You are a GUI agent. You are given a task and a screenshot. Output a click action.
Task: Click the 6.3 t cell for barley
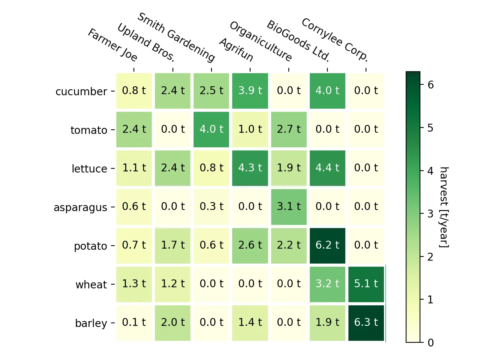(x=366, y=322)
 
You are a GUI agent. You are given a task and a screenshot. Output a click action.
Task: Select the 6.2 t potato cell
(x=327, y=245)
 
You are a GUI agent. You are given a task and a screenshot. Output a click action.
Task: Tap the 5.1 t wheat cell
(x=366, y=284)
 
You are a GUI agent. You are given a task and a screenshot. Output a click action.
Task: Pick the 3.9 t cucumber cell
(x=250, y=91)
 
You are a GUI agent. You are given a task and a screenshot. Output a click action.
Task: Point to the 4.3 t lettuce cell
(x=250, y=168)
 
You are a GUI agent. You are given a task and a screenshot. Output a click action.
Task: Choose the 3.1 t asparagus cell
(x=289, y=207)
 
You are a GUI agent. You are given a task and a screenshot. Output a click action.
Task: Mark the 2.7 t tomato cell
(x=289, y=129)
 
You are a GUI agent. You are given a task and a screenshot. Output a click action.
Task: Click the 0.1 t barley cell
(x=134, y=322)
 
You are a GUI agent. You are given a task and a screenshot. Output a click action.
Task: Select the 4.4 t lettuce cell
(x=327, y=168)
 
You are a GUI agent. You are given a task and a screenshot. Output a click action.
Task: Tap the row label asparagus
(x=80, y=207)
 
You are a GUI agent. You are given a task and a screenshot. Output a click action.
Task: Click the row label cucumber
(x=81, y=91)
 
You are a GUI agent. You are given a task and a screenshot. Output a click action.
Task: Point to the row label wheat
(x=91, y=285)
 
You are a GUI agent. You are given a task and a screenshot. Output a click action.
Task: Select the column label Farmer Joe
(x=113, y=45)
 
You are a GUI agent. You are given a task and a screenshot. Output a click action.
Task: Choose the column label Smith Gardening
(x=176, y=37)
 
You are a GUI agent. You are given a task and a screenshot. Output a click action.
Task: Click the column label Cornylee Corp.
(x=335, y=39)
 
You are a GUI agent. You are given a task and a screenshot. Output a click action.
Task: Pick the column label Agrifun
(x=236, y=49)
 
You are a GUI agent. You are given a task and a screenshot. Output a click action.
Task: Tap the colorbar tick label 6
(x=430, y=85)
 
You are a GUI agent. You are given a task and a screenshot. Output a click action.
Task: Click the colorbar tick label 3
(x=430, y=214)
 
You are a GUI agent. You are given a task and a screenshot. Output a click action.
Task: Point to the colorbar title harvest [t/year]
(x=444, y=207)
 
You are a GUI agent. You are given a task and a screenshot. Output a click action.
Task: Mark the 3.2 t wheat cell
(x=327, y=284)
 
